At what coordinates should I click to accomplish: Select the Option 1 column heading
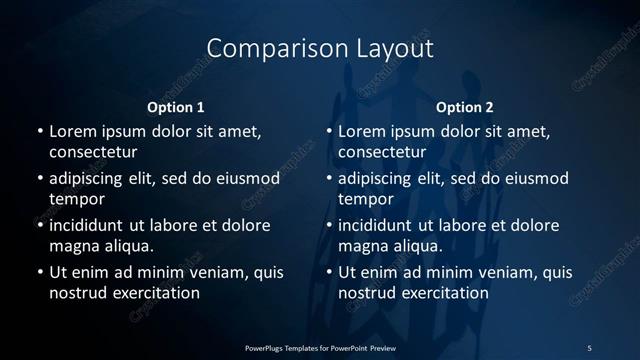(x=176, y=107)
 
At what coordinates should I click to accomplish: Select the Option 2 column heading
(x=465, y=107)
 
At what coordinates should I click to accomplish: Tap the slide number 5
(x=589, y=347)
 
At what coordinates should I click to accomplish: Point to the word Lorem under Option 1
(x=73, y=132)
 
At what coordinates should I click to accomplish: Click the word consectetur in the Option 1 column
(x=92, y=152)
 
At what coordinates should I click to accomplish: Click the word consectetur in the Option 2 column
(x=381, y=152)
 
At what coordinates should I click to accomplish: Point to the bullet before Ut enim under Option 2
(x=329, y=272)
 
